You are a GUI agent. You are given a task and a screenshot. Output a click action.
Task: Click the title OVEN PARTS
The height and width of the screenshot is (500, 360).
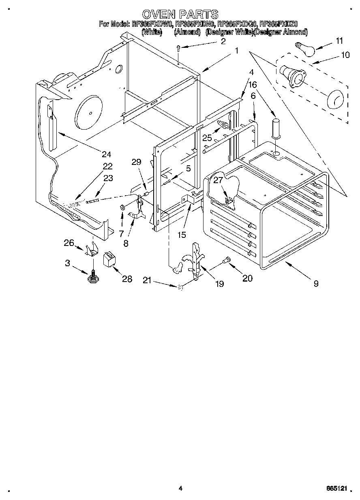coord(180,15)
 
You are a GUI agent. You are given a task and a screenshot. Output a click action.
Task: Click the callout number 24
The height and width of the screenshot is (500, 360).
coord(107,154)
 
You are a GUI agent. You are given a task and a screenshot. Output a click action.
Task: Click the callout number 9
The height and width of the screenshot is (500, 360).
coord(316,284)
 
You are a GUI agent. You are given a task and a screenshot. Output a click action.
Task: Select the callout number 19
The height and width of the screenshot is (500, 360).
coord(219,284)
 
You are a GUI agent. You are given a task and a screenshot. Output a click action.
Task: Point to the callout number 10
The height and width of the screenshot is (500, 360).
coord(345,55)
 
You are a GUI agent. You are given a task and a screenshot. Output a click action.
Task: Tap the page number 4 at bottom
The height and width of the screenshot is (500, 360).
coord(180,489)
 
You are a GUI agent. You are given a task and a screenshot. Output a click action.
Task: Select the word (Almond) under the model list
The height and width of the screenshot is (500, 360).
coord(187,32)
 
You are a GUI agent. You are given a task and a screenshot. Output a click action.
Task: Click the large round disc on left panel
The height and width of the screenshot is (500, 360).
coord(89,111)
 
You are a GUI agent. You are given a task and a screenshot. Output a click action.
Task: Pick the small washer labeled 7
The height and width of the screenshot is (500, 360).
coord(122,208)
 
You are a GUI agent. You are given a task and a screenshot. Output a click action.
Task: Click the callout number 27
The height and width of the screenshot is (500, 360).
coord(219,180)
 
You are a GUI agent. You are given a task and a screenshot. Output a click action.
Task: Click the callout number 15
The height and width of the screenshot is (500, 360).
coord(181,235)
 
